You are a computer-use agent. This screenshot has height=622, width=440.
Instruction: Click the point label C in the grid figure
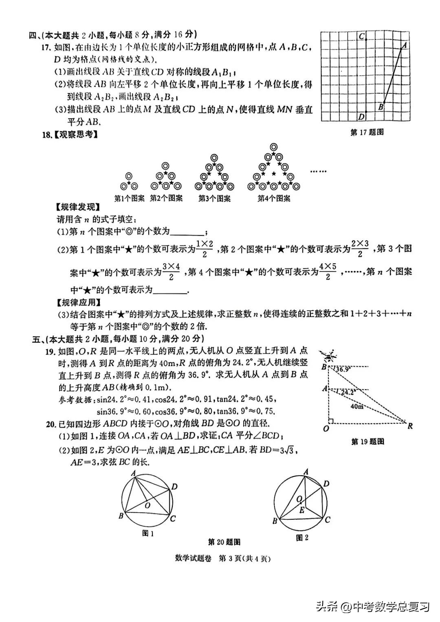361,36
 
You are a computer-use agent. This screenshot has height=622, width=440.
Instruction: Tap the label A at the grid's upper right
404,46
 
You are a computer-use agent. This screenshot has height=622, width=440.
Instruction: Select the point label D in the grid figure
361,117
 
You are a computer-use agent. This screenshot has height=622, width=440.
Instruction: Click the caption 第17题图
367,132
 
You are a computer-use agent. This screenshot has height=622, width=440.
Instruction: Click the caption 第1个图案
129,199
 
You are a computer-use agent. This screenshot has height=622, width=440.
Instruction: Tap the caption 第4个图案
274,199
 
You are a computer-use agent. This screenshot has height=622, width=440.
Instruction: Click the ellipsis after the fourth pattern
318,172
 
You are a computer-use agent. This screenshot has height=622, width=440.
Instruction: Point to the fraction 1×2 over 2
205,249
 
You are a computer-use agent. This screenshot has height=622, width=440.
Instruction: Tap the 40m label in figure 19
356,406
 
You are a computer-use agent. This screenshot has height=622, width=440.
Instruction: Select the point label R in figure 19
410,426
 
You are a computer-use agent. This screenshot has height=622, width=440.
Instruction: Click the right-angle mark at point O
332,421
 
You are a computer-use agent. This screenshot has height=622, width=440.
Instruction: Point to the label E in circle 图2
301,510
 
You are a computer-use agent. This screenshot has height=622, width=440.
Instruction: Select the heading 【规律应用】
79,302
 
